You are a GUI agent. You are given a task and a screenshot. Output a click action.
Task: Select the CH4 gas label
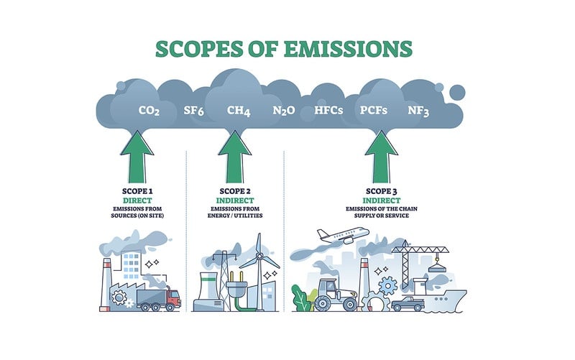pos(238,111)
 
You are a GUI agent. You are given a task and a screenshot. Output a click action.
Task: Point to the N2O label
pos(282,111)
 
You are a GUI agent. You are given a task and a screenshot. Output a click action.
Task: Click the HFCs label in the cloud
pos(329,111)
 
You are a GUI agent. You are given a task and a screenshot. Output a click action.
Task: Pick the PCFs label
pos(374,111)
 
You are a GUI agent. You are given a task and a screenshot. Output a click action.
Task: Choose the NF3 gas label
pos(418,111)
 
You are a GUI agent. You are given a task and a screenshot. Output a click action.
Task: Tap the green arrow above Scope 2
pos(234,156)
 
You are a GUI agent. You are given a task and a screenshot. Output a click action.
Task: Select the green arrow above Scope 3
pos(381,156)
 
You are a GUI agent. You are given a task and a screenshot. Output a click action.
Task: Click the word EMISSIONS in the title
pos(343,48)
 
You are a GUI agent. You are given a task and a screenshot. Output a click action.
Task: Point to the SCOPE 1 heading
pos(137,192)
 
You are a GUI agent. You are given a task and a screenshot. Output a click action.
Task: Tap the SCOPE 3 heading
pos(381,192)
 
